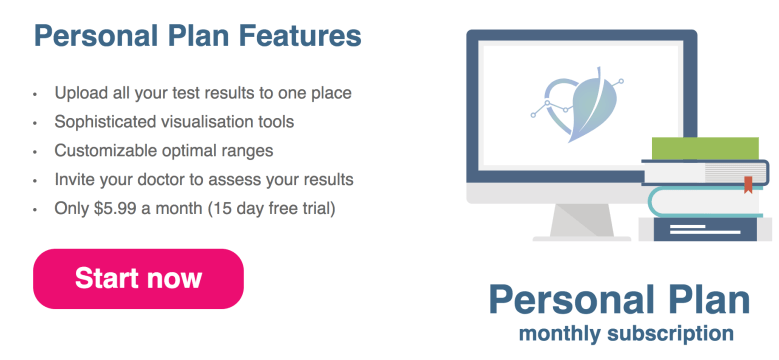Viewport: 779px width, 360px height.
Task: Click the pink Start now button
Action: point(138,278)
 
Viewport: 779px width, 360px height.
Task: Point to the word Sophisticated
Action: point(104,122)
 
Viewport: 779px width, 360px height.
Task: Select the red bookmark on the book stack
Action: point(746,185)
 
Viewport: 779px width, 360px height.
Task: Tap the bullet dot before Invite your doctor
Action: point(34,181)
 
